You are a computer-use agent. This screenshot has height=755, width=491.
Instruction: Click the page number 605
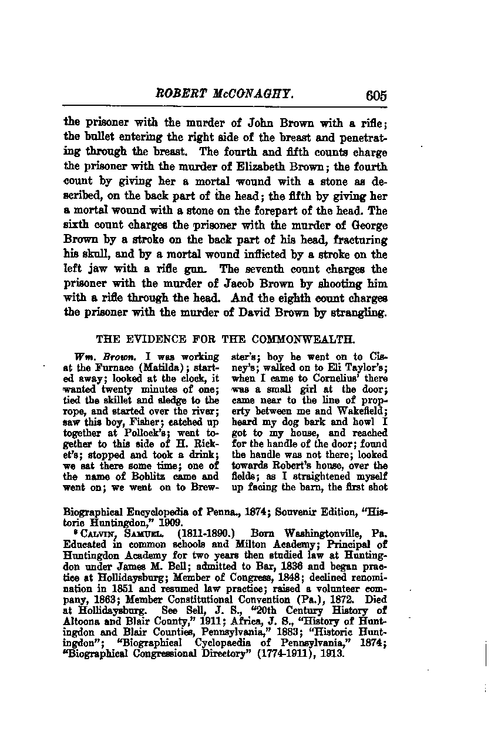(376, 95)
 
